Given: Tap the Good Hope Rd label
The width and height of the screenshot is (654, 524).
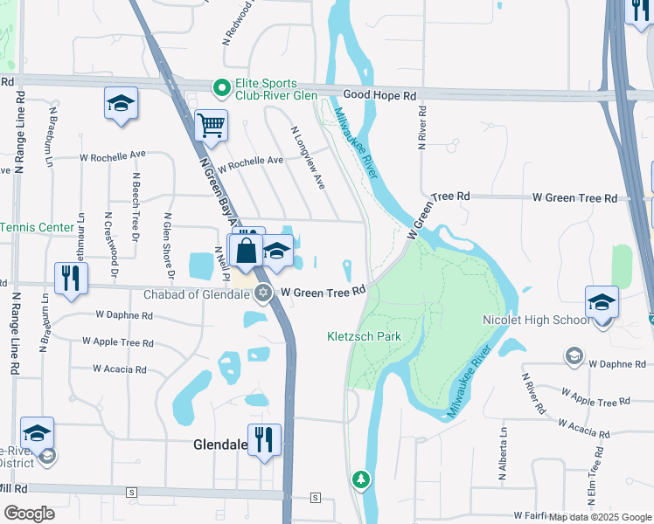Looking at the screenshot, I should pos(380,94).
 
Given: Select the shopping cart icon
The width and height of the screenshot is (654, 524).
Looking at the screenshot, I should pos(211,127).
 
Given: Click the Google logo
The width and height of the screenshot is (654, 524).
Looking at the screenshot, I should pos(29,514).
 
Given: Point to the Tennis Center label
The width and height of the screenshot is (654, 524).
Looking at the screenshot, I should pos(37,227).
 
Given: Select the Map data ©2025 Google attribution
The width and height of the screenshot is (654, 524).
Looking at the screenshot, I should pos(601,517).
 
